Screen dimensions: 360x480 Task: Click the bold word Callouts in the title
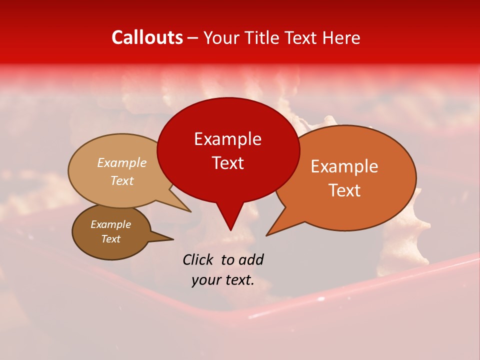(147, 37)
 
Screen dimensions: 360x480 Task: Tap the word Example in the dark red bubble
(227, 139)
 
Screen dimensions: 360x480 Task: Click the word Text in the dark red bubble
(227, 162)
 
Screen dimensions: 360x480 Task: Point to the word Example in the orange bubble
(344, 166)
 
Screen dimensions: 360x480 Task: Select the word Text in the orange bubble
(344, 190)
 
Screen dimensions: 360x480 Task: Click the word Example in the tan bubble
(121, 162)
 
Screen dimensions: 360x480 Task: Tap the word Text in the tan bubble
(121, 180)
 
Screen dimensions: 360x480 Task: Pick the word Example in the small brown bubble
(110, 224)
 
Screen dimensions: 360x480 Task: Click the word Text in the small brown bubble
(110, 239)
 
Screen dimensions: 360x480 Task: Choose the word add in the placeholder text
(250, 259)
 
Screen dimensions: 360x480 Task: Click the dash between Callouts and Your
(193, 38)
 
